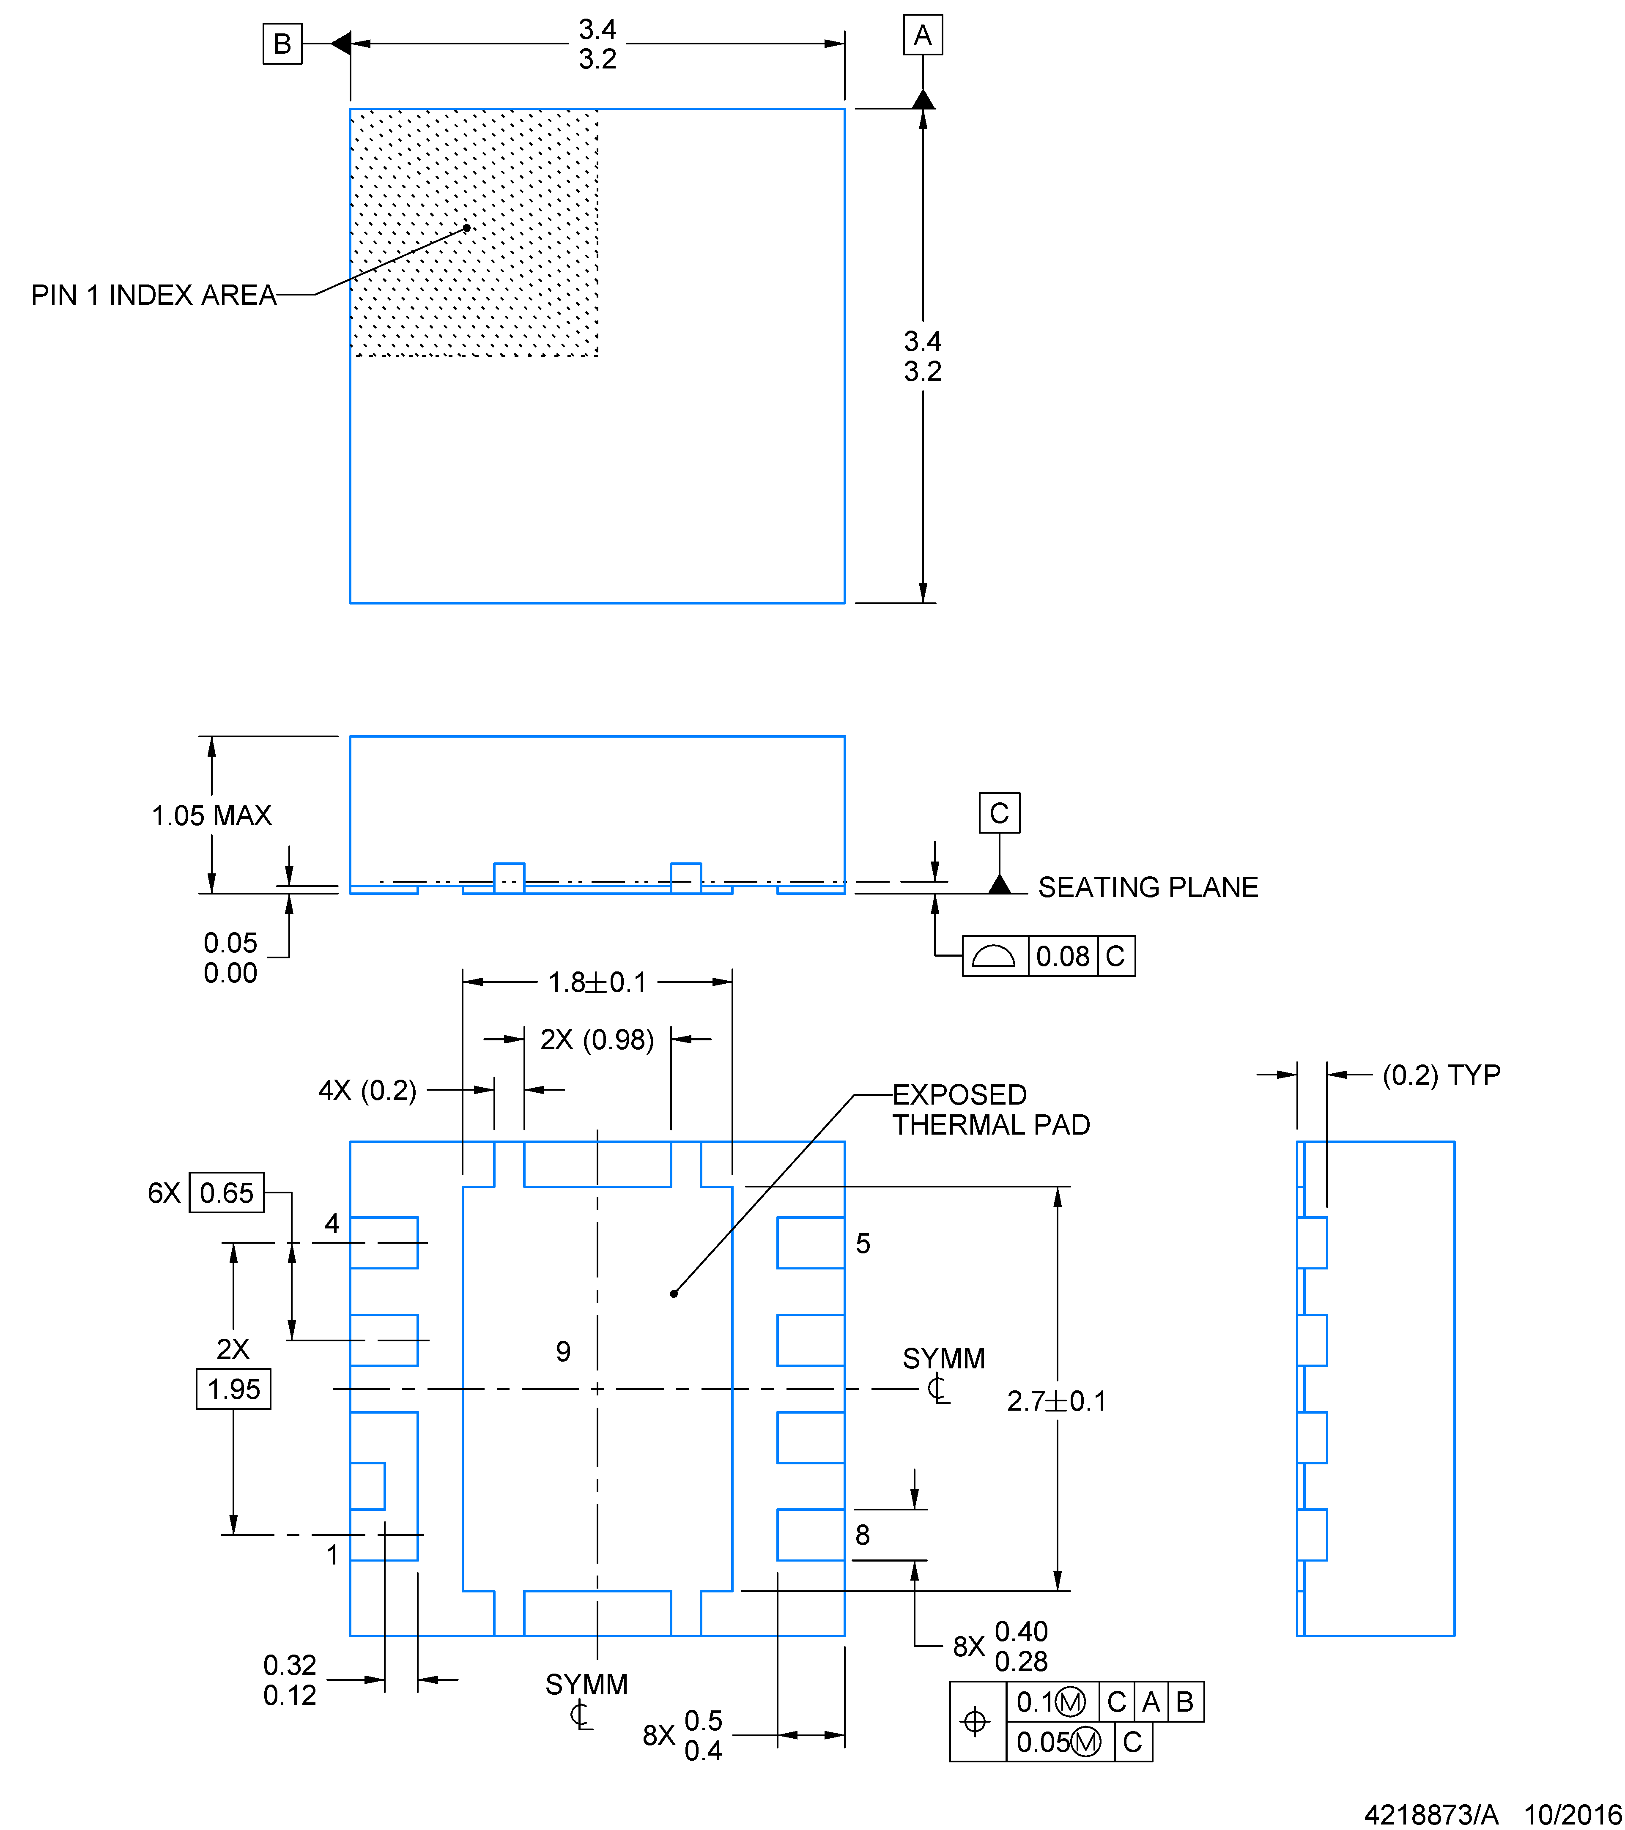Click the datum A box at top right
click(922, 36)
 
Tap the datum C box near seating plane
click(999, 813)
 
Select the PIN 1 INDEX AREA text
click(153, 295)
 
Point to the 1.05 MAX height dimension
click(211, 815)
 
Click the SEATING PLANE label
click(1148, 887)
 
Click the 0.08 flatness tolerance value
click(1063, 956)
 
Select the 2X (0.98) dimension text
click(597, 1039)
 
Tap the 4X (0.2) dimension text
click(367, 1091)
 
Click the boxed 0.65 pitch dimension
click(227, 1193)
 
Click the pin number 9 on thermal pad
click(563, 1351)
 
